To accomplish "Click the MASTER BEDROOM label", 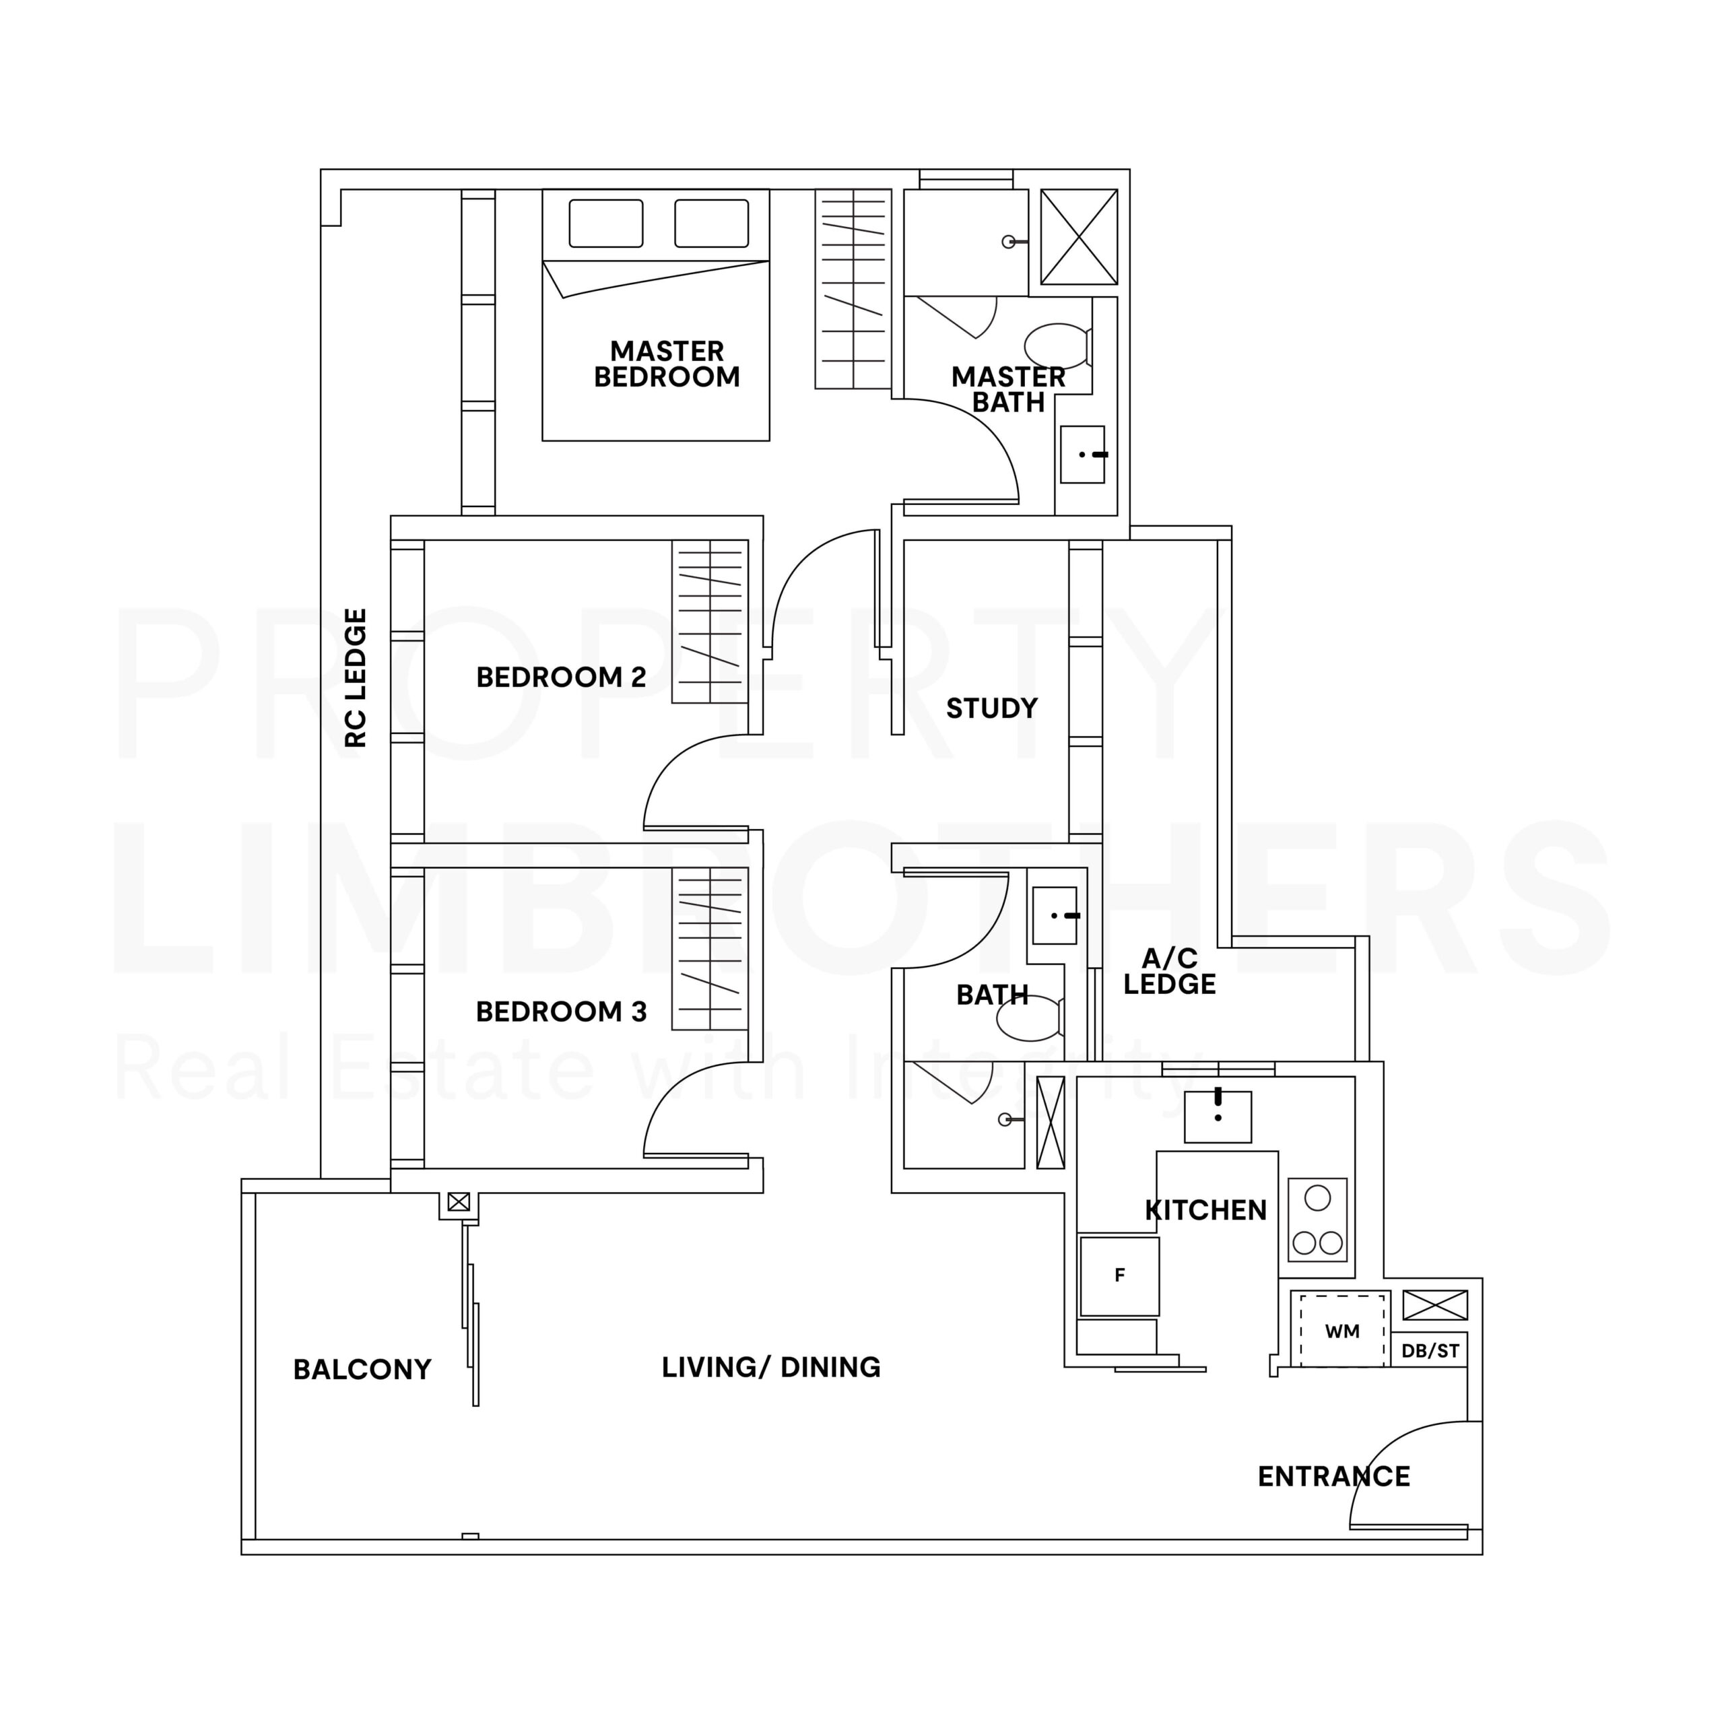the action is tap(667, 364).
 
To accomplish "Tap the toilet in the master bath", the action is tap(1059, 345).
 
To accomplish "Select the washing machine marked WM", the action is tap(1342, 1331).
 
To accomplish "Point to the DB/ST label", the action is tap(1430, 1351).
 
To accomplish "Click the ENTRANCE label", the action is tap(1334, 1477).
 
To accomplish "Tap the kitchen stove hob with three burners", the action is tap(1317, 1219).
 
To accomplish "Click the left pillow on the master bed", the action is tap(606, 223).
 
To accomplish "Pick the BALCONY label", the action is tap(362, 1370).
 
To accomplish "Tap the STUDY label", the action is tap(992, 708).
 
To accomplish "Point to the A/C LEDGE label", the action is tap(1169, 972).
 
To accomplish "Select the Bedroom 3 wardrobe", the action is tap(709, 949).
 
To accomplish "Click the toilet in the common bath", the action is tap(1030, 1018).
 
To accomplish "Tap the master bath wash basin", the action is tap(1082, 454).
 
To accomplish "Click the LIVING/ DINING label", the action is tap(771, 1368).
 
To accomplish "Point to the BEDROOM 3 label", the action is tap(561, 1012).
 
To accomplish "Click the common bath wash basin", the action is tap(1054, 916).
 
